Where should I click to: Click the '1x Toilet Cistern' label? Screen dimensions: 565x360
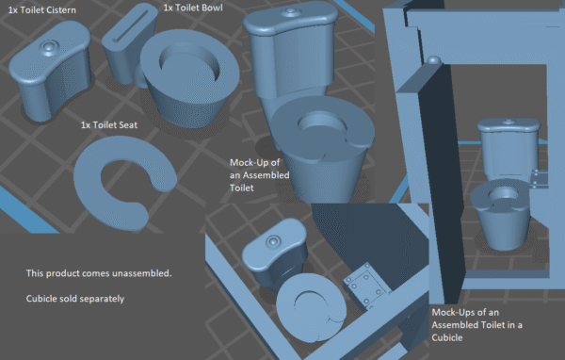[42, 10]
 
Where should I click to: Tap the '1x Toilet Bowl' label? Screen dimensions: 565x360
[193, 8]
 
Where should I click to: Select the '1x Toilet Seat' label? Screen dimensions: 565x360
[109, 125]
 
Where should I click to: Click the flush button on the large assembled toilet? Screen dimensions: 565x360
[290, 12]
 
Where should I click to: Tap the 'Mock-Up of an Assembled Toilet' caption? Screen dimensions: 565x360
[260, 175]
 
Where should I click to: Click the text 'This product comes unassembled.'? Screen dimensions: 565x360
[99, 273]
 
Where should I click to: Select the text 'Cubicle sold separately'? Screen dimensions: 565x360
[75, 299]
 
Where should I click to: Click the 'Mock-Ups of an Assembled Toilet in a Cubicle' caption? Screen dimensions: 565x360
[476, 325]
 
